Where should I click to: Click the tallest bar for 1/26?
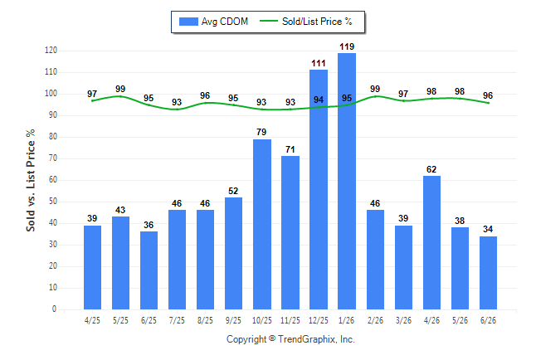click(347, 181)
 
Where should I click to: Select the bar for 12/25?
click(319, 189)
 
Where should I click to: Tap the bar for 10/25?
click(262, 224)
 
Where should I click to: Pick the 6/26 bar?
click(488, 273)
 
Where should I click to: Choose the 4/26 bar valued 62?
click(431, 243)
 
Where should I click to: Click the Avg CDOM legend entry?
click(213, 22)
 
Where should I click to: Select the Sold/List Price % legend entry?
click(306, 22)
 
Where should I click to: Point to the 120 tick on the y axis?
click(51, 51)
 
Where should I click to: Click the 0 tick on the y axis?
click(54, 309)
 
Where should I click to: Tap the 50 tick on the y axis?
click(53, 202)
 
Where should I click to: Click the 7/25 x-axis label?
click(177, 320)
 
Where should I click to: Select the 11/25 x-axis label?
click(290, 320)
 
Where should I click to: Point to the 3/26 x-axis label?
click(403, 320)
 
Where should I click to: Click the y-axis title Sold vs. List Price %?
click(31, 180)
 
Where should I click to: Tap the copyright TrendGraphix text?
click(290, 339)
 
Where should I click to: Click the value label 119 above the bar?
click(347, 46)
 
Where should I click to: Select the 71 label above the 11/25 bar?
click(290, 149)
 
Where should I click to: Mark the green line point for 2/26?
click(375, 96)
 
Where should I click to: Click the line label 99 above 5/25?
click(120, 89)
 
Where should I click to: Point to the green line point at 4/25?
click(92, 101)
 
